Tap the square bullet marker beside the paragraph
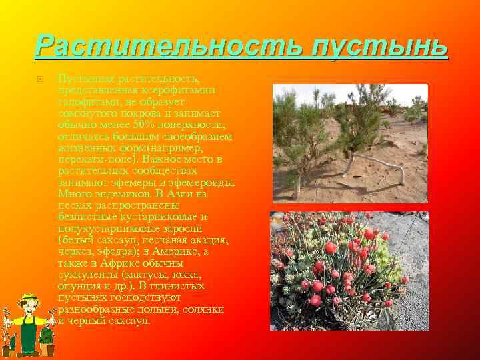(x=39, y=79)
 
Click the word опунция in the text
(x=79, y=286)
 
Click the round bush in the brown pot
(x=47, y=331)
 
